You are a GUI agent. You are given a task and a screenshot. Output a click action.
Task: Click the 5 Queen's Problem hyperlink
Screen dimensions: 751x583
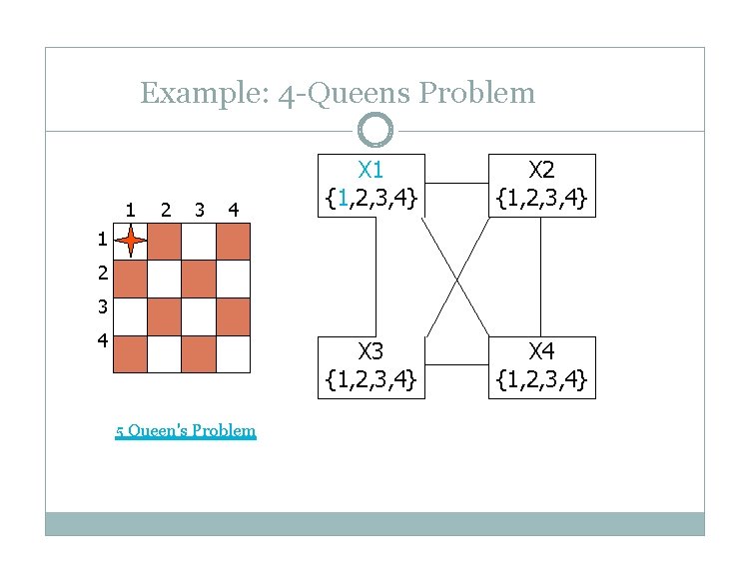point(186,431)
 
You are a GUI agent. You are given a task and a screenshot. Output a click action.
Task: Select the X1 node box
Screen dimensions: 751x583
point(371,185)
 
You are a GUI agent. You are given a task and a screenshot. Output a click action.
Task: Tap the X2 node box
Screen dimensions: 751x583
point(541,185)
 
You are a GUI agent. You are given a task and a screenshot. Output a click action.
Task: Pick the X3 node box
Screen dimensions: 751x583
point(371,366)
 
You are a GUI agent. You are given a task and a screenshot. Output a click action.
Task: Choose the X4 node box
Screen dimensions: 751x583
point(541,366)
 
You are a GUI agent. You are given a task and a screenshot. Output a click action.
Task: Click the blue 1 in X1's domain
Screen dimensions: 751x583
point(343,200)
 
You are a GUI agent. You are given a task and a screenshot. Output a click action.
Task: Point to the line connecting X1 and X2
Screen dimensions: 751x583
point(456,184)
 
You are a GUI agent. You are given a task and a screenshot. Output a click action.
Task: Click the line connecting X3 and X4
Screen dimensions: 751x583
point(456,365)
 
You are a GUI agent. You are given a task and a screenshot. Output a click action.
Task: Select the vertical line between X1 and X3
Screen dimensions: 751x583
point(375,277)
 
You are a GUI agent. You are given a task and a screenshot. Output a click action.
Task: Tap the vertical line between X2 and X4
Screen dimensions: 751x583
point(541,277)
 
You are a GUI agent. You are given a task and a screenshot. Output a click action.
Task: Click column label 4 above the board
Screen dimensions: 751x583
point(233,210)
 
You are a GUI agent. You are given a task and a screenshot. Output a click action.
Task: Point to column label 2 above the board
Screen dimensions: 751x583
point(166,210)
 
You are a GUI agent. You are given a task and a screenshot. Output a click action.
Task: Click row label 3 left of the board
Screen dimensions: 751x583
point(103,306)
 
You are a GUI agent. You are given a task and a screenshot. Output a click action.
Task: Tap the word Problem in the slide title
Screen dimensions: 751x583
point(477,94)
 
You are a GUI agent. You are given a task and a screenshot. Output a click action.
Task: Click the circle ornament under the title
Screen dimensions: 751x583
point(375,130)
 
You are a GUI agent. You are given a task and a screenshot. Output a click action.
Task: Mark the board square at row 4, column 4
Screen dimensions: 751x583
point(233,353)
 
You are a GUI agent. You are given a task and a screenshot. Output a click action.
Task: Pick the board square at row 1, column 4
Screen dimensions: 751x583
point(233,242)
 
